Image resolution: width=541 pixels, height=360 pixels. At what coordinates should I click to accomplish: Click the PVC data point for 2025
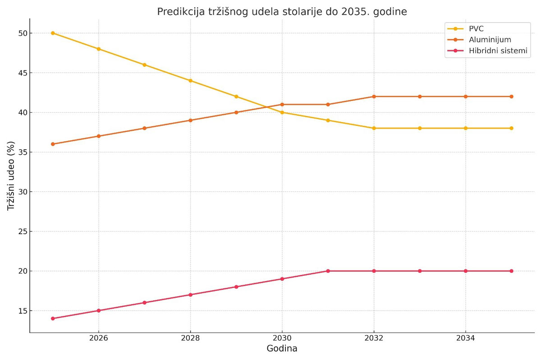53,33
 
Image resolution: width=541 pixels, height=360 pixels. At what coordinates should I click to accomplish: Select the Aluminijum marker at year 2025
53,144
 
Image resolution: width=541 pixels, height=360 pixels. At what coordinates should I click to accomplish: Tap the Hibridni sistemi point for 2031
328,271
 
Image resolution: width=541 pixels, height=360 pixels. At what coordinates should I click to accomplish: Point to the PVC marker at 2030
282,112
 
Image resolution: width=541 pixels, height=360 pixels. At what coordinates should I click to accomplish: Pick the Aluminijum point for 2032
374,97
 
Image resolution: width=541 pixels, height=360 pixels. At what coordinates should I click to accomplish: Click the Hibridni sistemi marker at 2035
511,271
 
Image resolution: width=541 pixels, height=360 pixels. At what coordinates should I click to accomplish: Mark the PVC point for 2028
190,81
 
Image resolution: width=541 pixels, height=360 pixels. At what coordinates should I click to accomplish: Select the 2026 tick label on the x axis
99,338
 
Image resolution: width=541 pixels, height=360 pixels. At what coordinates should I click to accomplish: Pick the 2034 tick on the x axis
465,338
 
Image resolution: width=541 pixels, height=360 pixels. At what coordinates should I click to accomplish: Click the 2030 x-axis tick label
282,338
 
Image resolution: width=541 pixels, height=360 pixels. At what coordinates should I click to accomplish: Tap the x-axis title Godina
282,349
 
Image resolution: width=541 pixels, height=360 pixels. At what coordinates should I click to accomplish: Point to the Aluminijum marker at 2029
236,112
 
